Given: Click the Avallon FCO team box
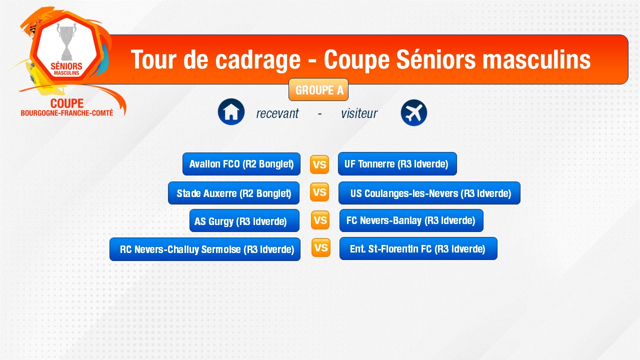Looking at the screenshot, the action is (241, 164).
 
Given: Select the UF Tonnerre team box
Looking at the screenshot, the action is (397, 164).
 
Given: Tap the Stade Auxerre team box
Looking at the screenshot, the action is (233, 193).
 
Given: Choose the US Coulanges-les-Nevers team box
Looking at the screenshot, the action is (429, 193).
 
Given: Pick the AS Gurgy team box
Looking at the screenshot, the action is (244, 220).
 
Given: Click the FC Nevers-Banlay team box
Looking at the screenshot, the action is (411, 220).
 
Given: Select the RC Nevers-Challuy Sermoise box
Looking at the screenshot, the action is (205, 249).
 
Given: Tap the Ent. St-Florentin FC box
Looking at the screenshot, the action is (418, 248).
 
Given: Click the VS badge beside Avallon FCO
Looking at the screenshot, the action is (319, 164).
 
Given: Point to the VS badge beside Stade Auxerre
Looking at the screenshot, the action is (319, 192).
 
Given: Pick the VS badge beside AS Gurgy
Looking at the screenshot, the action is (320, 220).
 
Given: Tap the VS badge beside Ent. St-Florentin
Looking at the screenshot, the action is (321, 247).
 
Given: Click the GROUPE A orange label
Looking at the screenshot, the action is (318, 89).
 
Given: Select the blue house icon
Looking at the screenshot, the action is (231, 112).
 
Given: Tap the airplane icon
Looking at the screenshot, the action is (413, 112).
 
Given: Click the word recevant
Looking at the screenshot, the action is (277, 113).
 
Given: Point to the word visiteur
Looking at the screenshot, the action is (359, 113).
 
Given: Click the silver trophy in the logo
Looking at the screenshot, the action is (67, 41).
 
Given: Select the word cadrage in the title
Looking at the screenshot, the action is (257, 60).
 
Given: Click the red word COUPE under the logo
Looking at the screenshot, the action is (67, 103).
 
